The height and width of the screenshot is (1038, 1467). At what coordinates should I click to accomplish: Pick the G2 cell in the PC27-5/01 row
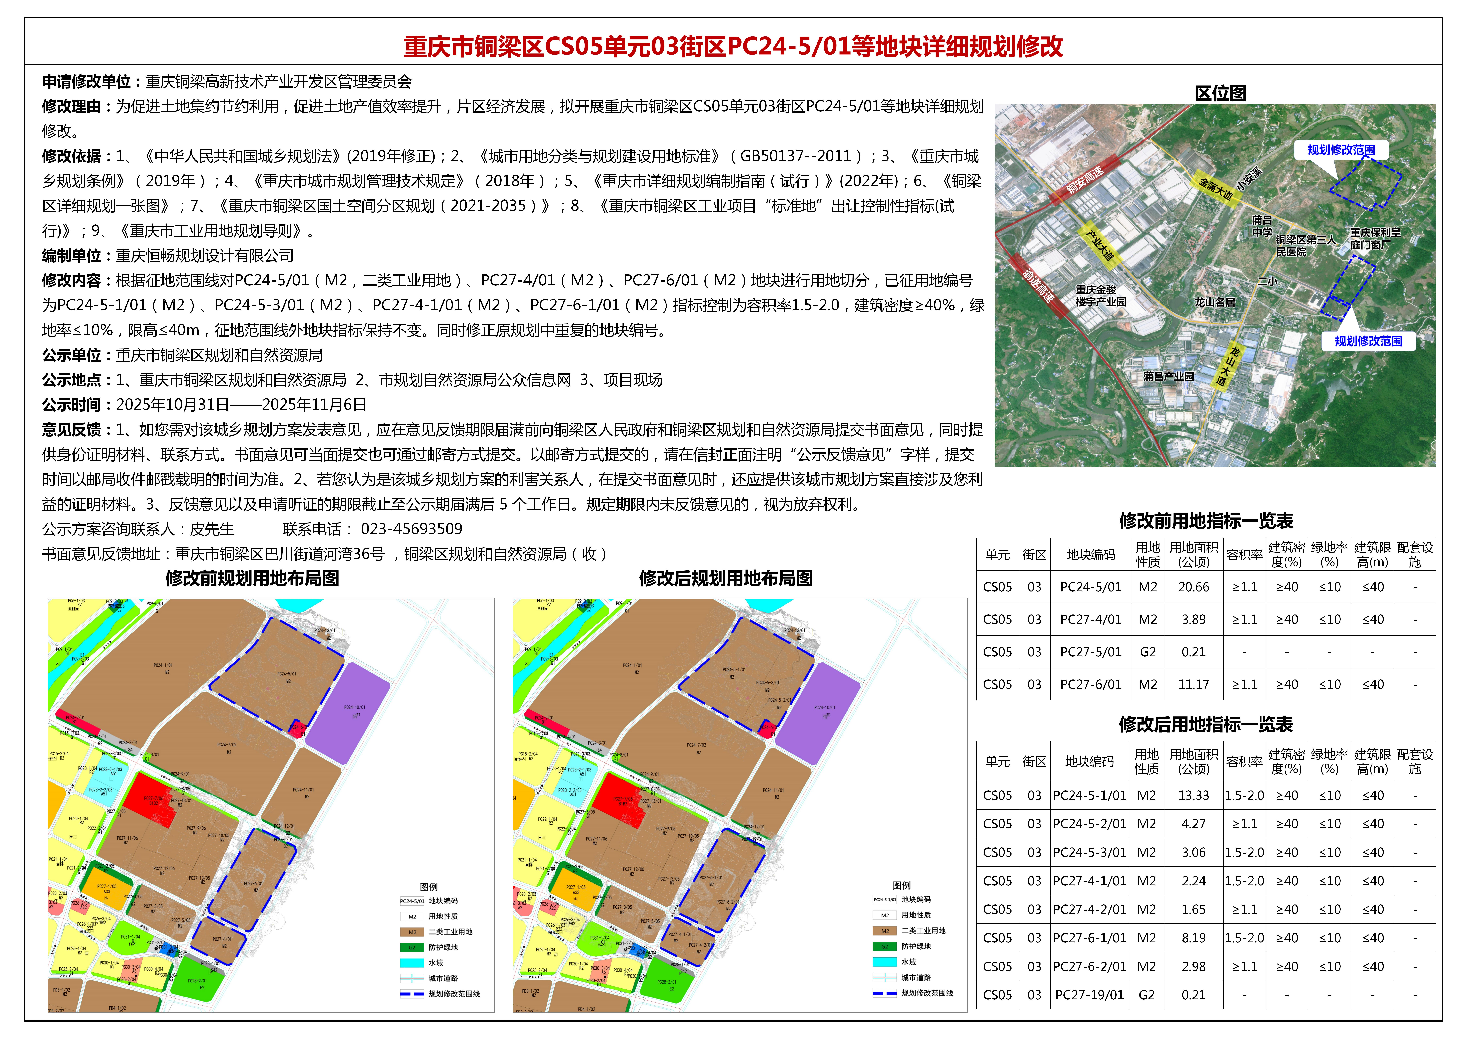pyautogui.click(x=1148, y=652)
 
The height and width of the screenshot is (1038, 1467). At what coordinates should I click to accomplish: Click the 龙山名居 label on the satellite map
pyautogui.click(x=1215, y=302)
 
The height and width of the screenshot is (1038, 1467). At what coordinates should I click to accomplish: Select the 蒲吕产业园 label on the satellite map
pyautogui.click(x=1169, y=376)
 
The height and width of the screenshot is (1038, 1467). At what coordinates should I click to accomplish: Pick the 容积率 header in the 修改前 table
pyautogui.click(x=1244, y=555)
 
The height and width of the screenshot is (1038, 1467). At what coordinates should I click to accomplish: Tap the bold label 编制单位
pyautogui.click(x=71, y=256)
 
